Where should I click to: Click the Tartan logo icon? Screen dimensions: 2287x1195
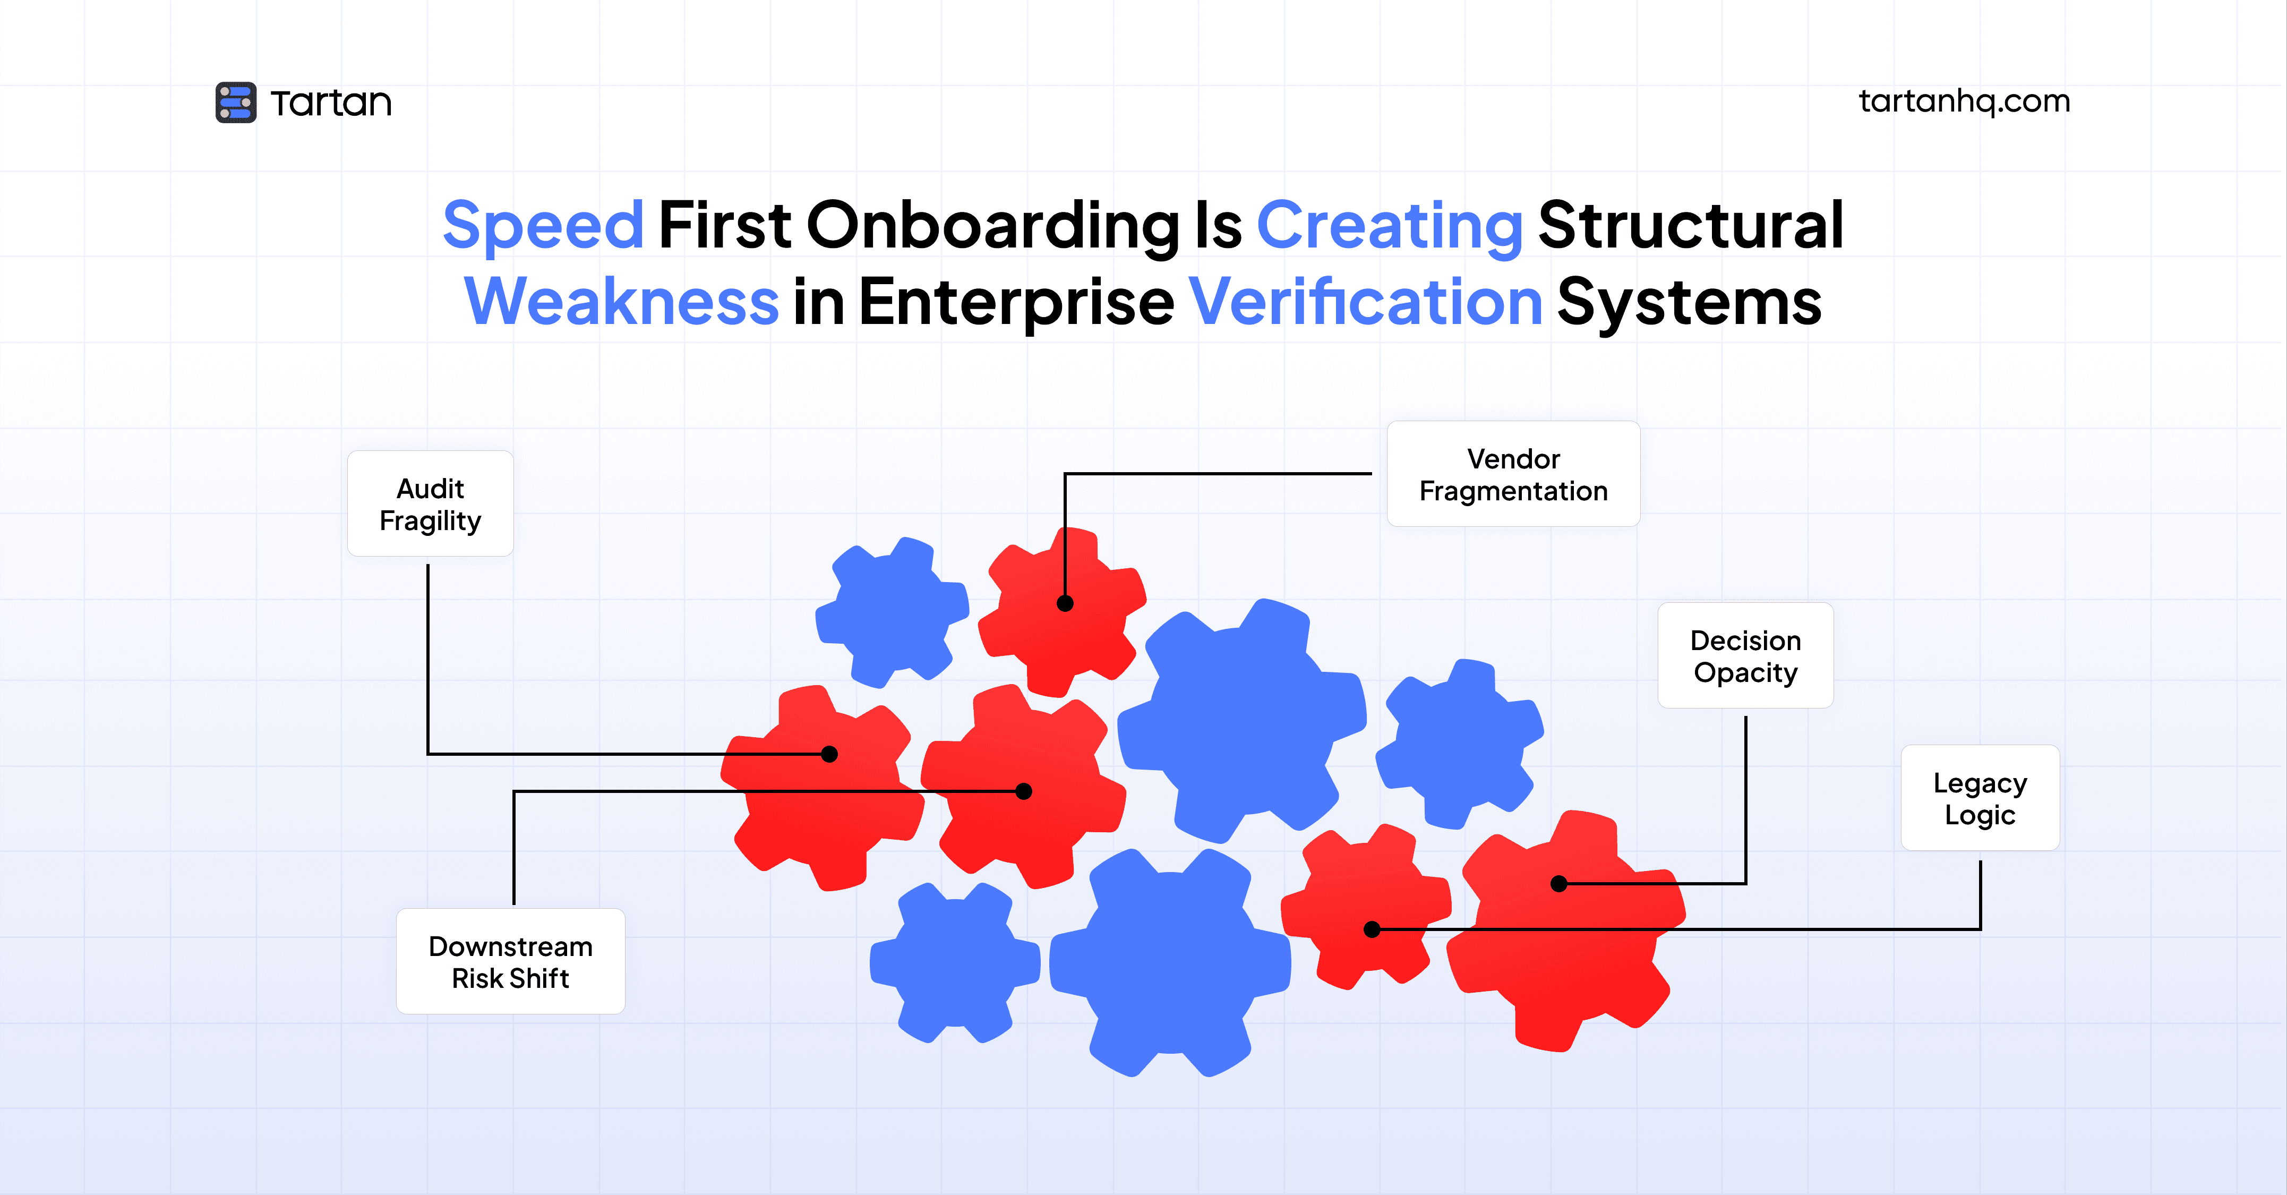pyautogui.click(x=235, y=103)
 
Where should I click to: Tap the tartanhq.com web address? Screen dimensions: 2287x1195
pyautogui.click(x=1964, y=101)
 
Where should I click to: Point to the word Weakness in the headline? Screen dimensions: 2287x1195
pyautogui.click(x=621, y=302)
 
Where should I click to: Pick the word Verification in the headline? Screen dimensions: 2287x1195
pyautogui.click(x=1365, y=302)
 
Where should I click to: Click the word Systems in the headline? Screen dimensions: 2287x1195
pyautogui.click(x=1689, y=302)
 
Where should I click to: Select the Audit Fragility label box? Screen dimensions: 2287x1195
pyautogui.click(x=431, y=504)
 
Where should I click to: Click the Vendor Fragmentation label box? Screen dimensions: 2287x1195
pyautogui.click(x=1513, y=474)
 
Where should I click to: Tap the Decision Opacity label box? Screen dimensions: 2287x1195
pyautogui.click(x=1745, y=656)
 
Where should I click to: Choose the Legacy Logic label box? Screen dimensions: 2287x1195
pyautogui.click(x=1980, y=798)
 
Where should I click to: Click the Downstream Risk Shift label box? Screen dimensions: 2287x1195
pyautogui.click(x=510, y=961)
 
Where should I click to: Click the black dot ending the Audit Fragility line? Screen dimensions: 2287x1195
pyautogui.click(x=829, y=754)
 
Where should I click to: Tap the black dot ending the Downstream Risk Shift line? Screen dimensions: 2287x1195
pyautogui.click(x=1024, y=791)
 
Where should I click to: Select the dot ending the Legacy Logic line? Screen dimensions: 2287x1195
pyautogui.click(x=1372, y=929)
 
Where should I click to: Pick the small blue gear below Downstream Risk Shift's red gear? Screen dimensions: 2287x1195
pyautogui.click(x=954, y=962)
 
